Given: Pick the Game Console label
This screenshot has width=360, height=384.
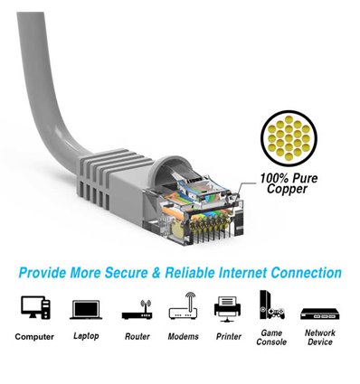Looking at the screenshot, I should [271, 338].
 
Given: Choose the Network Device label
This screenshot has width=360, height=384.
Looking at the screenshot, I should [319, 338].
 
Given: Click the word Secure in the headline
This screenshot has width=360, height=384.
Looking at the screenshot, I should [135, 271].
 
